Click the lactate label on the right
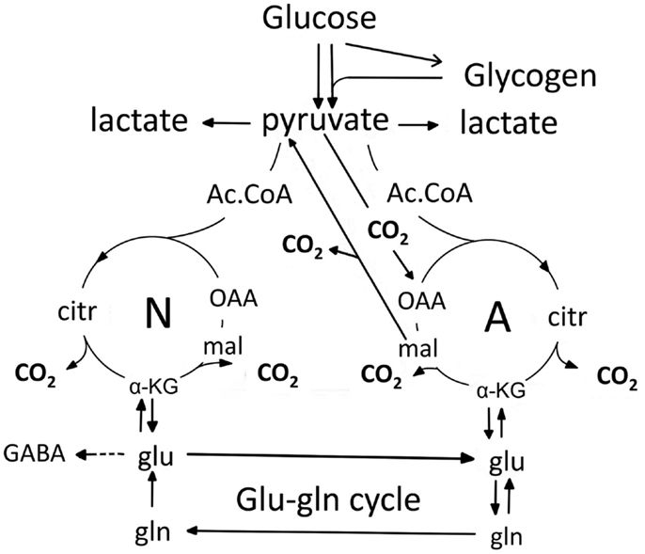(509, 122)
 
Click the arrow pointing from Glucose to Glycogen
(395, 54)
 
